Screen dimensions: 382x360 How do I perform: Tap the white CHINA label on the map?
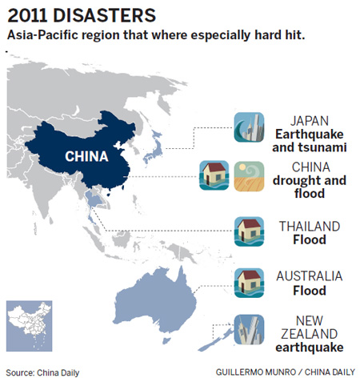(x=86, y=155)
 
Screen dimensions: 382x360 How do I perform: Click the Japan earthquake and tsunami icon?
(x=249, y=127)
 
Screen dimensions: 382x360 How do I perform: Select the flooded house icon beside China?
(x=214, y=175)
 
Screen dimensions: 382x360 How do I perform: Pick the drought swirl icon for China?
(x=248, y=175)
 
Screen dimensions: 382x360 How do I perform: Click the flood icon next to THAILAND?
(x=248, y=231)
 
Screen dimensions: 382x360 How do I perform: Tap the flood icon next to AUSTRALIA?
(x=248, y=282)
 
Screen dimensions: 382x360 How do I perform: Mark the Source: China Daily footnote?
(x=42, y=372)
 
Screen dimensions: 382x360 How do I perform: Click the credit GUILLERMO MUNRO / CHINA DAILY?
(x=284, y=372)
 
